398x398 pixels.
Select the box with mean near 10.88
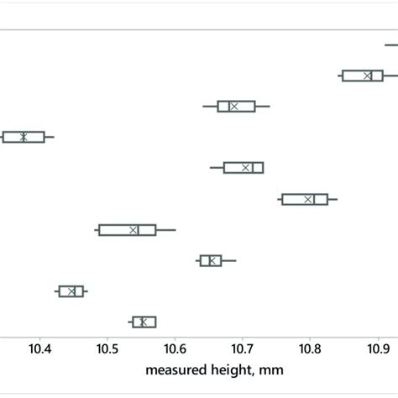point(362,76)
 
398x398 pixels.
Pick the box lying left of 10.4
point(23,137)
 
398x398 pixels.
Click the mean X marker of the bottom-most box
point(143,322)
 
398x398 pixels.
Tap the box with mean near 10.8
point(305,199)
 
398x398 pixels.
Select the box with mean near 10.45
point(71,291)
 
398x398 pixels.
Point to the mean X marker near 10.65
point(212,260)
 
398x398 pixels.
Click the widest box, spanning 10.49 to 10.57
point(127,229)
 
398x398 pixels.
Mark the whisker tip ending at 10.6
point(174,229)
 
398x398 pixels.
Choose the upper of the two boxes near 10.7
point(236,106)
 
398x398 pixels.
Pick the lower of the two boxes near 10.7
point(244,168)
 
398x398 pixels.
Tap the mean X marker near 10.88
point(368,76)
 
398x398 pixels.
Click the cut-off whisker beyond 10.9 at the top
point(391,45)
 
